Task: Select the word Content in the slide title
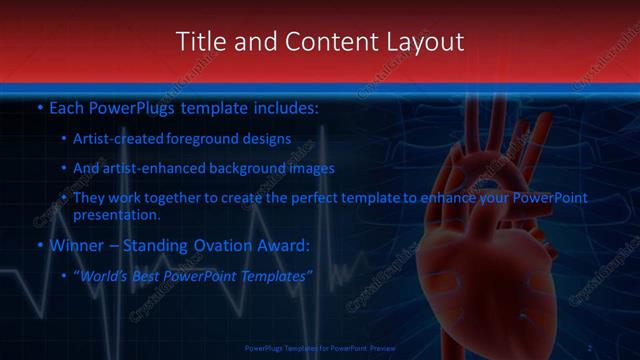click(320, 42)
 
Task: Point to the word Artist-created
click(117, 139)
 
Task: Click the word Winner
click(77, 244)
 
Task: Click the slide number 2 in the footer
click(590, 347)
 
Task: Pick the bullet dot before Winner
click(39, 245)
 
